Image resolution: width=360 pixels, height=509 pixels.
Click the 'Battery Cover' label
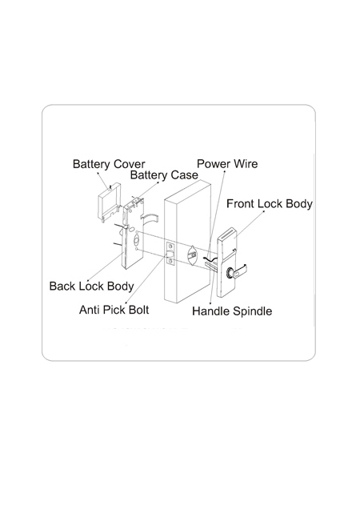tap(109, 164)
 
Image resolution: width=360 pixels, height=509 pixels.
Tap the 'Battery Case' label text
tap(164, 175)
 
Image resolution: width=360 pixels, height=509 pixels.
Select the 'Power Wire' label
tap(227, 163)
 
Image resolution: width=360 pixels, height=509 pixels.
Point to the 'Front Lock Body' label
tap(270, 204)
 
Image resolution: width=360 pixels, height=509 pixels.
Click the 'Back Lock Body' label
tap(91, 287)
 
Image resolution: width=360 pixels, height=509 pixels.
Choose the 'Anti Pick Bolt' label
tap(114, 310)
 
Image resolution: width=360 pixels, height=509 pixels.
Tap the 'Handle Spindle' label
tap(232, 311)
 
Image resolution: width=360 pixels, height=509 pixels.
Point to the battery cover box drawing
tap(109, 201)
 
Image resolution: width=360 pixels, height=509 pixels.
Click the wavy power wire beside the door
tap(210, 259)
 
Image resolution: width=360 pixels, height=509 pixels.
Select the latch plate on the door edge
tap(170, 254)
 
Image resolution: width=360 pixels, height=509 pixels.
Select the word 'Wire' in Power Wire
tap(246, 163)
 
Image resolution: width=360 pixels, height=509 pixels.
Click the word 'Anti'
tap(90, 310)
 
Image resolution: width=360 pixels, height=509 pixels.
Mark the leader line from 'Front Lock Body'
tap(250, 223)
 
